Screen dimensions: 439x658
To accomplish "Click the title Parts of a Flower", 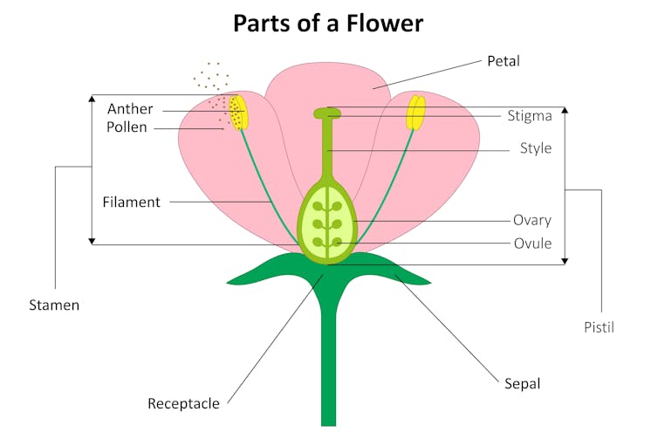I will (328, 23).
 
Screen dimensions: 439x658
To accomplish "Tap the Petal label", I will (504, 62).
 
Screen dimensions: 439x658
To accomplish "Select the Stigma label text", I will (529, 115).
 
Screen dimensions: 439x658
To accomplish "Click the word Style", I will (535, 148).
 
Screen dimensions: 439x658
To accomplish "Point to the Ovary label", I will (532, 220).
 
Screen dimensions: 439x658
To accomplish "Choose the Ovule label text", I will (532, 244).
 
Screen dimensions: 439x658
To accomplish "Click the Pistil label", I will (599, 327).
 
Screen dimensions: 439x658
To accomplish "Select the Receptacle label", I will (183, 403).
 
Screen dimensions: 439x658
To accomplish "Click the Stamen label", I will (54, 305).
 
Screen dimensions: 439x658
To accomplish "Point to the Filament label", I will (131, 202).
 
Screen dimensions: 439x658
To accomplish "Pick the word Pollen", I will (127, 127).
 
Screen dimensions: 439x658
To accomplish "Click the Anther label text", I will (130, 109).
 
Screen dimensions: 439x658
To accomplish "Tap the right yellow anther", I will (417, 113).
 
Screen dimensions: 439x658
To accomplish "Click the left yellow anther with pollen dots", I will (238, 113).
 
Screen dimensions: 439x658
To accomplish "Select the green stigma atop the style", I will (328, 113).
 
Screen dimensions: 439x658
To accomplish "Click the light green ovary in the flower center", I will (328, 223).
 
